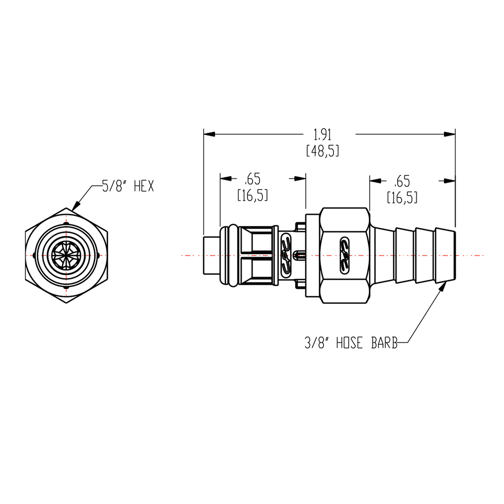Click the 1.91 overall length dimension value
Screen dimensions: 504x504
(323, 135)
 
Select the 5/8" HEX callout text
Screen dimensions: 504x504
(128, 186)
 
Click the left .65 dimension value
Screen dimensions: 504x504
(252, 179)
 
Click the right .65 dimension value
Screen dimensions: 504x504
(403, 179)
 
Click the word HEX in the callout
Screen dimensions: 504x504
(144, 186)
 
